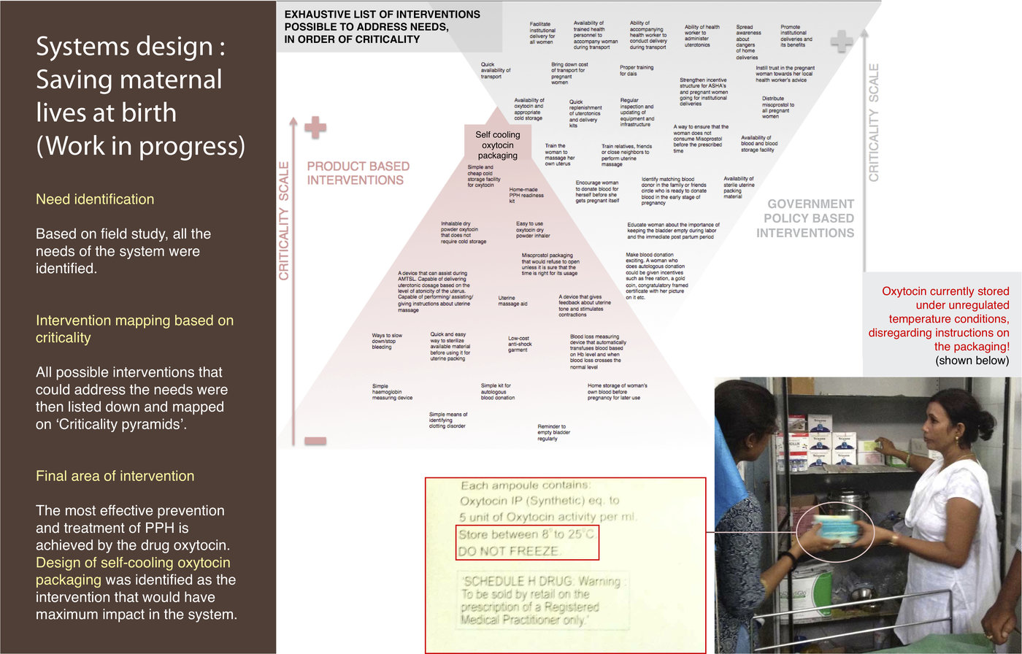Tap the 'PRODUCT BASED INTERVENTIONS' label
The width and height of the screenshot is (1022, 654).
[358, 173]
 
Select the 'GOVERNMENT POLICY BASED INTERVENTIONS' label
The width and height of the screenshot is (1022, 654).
[806, 219]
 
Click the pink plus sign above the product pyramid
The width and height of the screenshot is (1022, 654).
[315, 127]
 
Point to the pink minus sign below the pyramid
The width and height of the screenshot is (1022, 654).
[315, 440]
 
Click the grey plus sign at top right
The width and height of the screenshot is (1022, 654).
[841, 42]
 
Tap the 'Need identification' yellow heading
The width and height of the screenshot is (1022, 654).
[95, 199]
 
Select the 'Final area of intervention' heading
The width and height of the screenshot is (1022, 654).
[115, 476]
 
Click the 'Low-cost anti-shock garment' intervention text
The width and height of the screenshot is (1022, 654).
[520, 345]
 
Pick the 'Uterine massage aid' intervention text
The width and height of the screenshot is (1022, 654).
[512, 301]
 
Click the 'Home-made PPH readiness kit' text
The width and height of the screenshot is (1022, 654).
[526, 195]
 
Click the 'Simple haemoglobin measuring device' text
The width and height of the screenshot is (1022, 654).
[392, 392]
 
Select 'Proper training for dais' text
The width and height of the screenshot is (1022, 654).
[637, 70]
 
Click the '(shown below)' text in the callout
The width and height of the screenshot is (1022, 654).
[972, 361]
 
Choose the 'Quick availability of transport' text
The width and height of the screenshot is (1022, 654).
[496, 70]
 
